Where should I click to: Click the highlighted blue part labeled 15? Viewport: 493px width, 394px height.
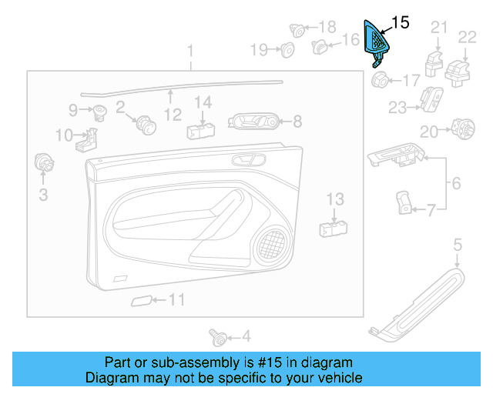point(377,42)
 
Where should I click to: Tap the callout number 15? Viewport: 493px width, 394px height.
point(401,22)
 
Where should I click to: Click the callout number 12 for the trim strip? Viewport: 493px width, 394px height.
point(173,115)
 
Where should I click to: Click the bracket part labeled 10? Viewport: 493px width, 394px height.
point(89,140)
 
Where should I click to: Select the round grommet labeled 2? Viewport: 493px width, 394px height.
point(143,122)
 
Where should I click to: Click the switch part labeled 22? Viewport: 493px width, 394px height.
point(460,68)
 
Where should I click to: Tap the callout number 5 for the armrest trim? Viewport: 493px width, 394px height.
point(457,245)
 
